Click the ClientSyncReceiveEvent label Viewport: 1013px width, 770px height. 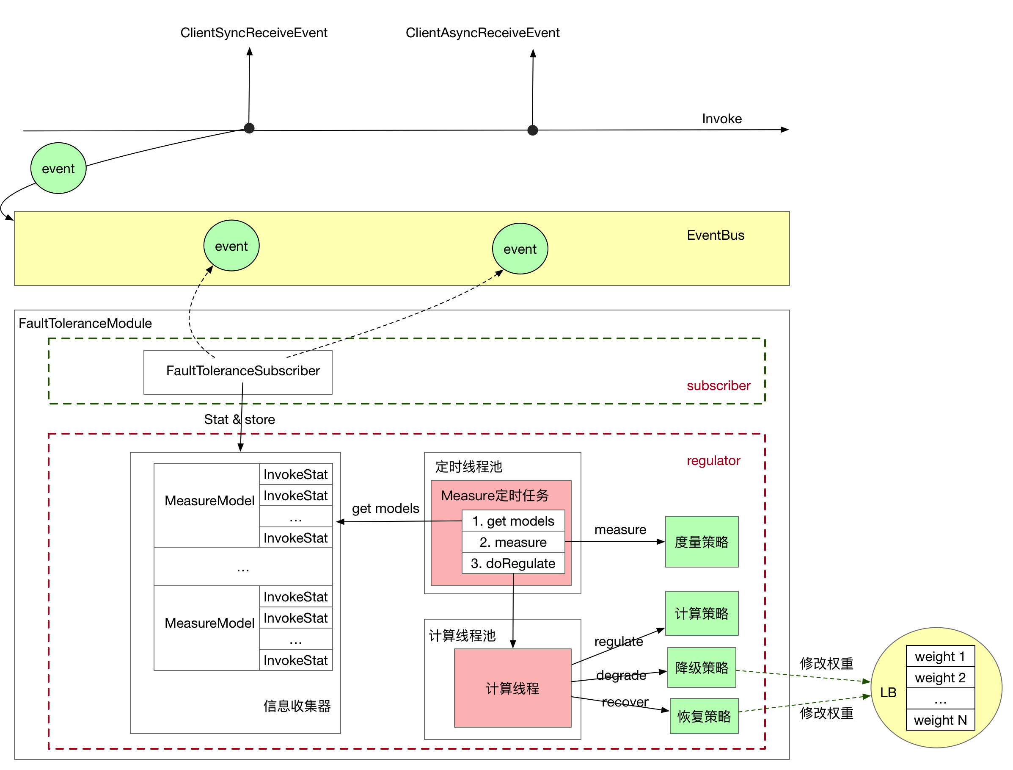point(254,33)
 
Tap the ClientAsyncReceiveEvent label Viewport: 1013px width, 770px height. point(482,33)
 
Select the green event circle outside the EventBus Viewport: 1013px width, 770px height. point(58,168)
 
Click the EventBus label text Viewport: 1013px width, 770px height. point(716,235)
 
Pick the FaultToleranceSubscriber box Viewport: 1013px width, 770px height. point(238,372)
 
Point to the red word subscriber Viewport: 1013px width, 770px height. point(718,385)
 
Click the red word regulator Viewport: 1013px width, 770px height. point(713,461)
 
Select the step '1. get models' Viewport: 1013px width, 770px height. point(513,521)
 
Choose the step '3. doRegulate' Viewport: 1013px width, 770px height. point(513,563)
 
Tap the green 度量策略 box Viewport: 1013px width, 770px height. point(701,542)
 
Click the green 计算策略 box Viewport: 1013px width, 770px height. point(701,613)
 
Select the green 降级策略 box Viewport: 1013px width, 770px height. point(701,668)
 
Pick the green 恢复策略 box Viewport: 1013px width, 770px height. point(704,716)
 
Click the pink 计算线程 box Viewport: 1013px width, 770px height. point(512,688)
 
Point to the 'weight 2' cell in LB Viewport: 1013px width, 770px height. point(940,677)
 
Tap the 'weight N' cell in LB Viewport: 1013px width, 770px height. point(940,720)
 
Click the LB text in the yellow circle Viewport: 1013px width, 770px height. point(888,692)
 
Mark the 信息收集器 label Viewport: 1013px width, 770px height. point(297,706)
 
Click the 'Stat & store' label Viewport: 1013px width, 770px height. point(239,419)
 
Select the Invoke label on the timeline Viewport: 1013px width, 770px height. point(722,119)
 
